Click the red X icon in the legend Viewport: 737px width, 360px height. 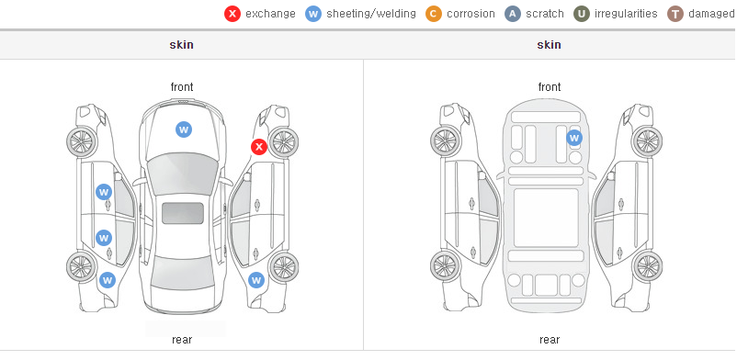pos(232,14)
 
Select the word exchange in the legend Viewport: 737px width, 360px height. pos(270,14)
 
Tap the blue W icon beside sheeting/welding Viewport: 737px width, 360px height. pos(313,14)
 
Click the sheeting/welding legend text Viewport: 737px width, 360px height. pos(371,14)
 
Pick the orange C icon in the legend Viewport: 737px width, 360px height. pos(434,14)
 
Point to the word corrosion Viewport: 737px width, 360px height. pos(471,14)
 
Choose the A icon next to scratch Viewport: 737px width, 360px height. pos(513,14)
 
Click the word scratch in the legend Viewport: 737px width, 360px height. pos(545,14)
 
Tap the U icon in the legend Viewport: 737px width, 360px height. pos(582,14)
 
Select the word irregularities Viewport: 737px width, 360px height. pos(626,14)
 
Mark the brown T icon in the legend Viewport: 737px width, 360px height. pos(675,14)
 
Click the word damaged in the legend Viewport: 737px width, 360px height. pos(712,14)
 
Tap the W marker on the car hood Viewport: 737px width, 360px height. pos(184,129)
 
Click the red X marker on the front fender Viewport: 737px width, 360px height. pos(258,147)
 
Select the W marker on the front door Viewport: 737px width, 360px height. pos(104,192)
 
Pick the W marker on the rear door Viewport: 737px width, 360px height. pos(104,237)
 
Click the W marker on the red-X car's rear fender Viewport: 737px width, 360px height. pos(256,281)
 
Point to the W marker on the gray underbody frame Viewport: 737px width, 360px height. pos(574,138)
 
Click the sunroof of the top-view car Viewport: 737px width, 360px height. pos(183,213)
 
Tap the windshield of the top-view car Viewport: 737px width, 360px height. pos(183,173)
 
